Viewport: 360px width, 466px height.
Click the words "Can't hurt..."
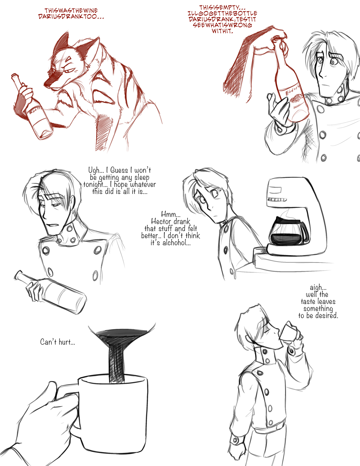tap(58, 342)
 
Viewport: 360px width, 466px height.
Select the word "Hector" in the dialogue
tap(161, 221)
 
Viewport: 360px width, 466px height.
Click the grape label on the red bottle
tap(297, 99)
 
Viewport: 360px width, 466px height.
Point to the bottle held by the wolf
tap(32, 107)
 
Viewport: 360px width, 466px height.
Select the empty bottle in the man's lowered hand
tap(50, 292)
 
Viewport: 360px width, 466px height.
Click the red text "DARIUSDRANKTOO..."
tap(71, 17)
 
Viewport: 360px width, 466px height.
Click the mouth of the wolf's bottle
tap(14, 76)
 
